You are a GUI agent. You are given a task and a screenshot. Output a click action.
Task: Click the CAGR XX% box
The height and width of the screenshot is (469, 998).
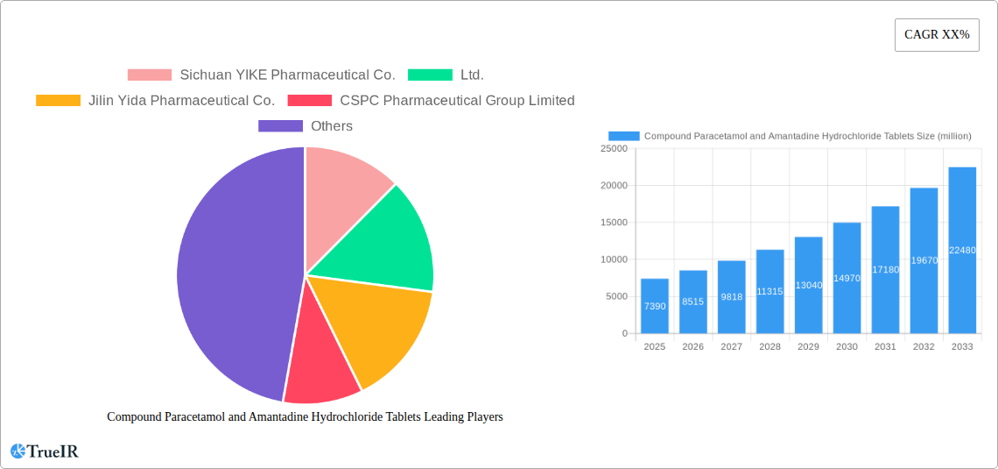click(936, 35)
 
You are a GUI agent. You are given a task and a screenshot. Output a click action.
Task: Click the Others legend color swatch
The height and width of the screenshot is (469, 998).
click(280, 126)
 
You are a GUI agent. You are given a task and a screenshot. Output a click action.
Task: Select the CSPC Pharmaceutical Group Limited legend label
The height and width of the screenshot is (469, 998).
click(457, 101)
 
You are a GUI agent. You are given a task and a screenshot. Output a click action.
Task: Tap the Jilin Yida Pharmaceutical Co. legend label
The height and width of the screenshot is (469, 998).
click(181, 101)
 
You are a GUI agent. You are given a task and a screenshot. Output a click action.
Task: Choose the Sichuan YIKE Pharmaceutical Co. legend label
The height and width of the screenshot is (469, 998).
click(287, 75)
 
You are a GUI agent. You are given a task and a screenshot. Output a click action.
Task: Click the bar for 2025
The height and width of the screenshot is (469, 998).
click(655, 306)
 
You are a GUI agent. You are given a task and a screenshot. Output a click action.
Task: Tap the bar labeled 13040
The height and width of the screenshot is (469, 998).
click(808, 285)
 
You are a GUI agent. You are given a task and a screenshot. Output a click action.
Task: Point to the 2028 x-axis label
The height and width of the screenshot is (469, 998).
click(770, 347)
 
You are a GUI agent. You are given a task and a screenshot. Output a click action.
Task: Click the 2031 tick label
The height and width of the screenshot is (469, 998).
click(885, 347)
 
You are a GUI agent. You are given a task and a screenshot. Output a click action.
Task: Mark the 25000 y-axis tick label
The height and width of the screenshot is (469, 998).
click(613, 149)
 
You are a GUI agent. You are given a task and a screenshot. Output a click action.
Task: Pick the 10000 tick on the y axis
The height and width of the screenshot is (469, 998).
click(613, 259)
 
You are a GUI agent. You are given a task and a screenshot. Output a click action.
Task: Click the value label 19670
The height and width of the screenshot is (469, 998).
click(924, 260)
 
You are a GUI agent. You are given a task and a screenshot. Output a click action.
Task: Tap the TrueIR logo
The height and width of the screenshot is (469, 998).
click(45, 451)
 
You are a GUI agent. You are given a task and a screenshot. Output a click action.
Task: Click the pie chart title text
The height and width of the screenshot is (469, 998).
click(305, 417)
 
